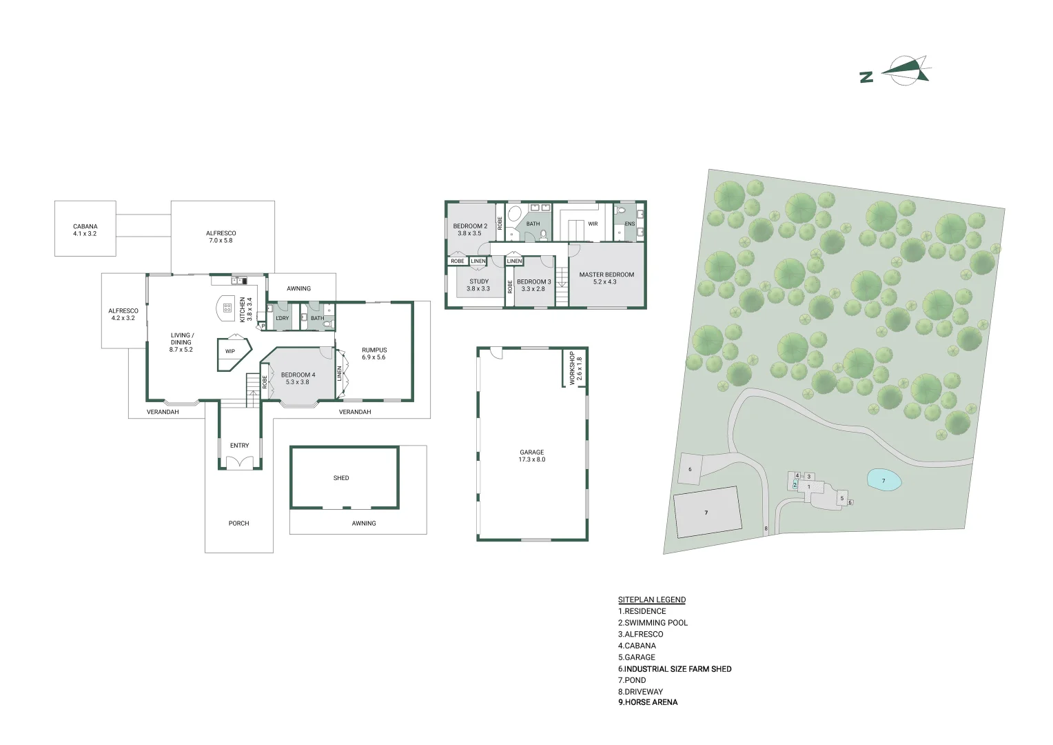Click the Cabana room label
pyautogui.click(x=85, y=230)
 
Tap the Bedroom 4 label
pyautogui.click(x=298, y=378)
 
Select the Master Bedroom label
pyautogui.click(x=606, y=278)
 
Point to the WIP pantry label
pyautogui.click(x=230, y=351)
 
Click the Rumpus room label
pyautogui.click(x=374, y=353)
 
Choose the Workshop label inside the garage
pyautogui.click(x=575, y=370)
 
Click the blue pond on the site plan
pyautogui.click(x=883, y=480)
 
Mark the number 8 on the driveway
pyautogui.click(x=766, y=528)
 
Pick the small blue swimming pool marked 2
pyautogui.click(x=795, y=485)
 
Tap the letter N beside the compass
pyautogui.click(x=866, y=77)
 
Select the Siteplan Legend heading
pyautogui.click(x=652, y=599)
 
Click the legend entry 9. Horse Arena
pyautogui.click(x=648, y=702)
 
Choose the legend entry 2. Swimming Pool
pyautogui.click(x=653, y=622)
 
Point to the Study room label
pyautogui.click(x=478, y=284)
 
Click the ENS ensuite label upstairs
pyautogui.click(x=629, y=223)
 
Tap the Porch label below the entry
pyautogui.click(x=238, y=523)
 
